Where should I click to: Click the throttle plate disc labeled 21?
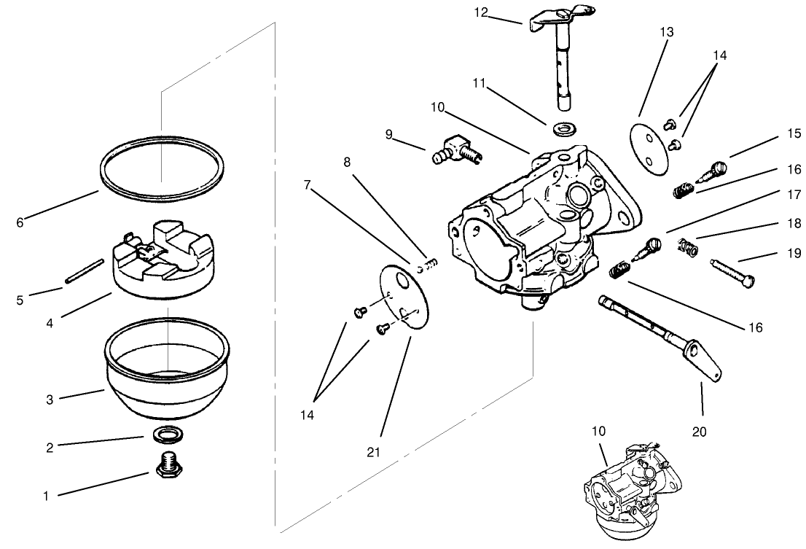(404, 299)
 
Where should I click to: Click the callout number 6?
(19, 223)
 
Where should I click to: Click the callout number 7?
(308, 185)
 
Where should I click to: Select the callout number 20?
(700, 432)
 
